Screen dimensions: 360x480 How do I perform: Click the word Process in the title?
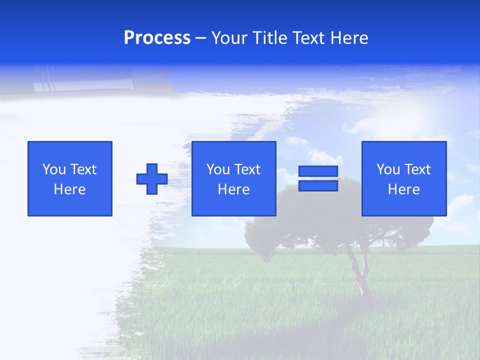point(157,38)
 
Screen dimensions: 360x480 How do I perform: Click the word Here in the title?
point(349,38)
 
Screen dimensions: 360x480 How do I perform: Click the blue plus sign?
point(152,178)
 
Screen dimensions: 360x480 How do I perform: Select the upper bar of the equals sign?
point(318,171)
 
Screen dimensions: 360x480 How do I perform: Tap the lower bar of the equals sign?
point(318,186)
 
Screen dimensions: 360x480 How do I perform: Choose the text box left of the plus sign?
point(70,178)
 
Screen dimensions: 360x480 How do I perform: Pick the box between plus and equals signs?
point(233,178)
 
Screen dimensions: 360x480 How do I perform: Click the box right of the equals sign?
point(403,178)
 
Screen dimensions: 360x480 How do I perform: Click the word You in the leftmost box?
point(54,169)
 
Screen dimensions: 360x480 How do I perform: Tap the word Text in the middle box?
point(247,169)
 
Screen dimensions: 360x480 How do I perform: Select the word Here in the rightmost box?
point(403,189)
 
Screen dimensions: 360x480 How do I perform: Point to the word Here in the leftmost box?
point(70,189)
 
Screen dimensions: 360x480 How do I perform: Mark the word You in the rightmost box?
point(388,169)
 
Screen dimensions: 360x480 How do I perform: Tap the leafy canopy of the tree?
point(340,215)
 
